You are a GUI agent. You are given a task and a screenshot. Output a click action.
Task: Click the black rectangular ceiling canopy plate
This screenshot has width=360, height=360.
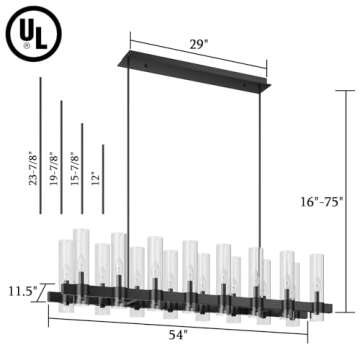[x=200, y=67]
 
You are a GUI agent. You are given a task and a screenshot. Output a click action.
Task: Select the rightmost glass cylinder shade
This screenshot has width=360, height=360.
[x=317, y=280]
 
